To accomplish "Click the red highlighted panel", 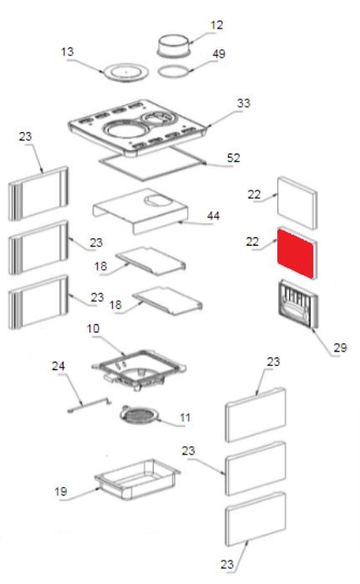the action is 296,254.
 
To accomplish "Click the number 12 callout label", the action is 216,25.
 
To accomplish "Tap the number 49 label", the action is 219,53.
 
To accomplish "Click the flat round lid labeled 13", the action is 126,72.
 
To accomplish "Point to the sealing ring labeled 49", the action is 174,72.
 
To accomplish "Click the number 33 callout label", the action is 243,103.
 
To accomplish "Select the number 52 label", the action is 233,158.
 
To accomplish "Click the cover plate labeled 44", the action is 140,210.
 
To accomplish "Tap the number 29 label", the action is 340,348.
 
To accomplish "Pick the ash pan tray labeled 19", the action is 137,479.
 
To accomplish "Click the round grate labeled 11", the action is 139,415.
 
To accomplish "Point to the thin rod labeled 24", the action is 89,405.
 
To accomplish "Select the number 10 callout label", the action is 93,328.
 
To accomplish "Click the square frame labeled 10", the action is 139,368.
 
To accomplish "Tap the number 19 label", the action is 61,491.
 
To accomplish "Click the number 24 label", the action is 58,366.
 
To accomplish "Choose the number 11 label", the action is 185,418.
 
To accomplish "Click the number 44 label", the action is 213,216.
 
